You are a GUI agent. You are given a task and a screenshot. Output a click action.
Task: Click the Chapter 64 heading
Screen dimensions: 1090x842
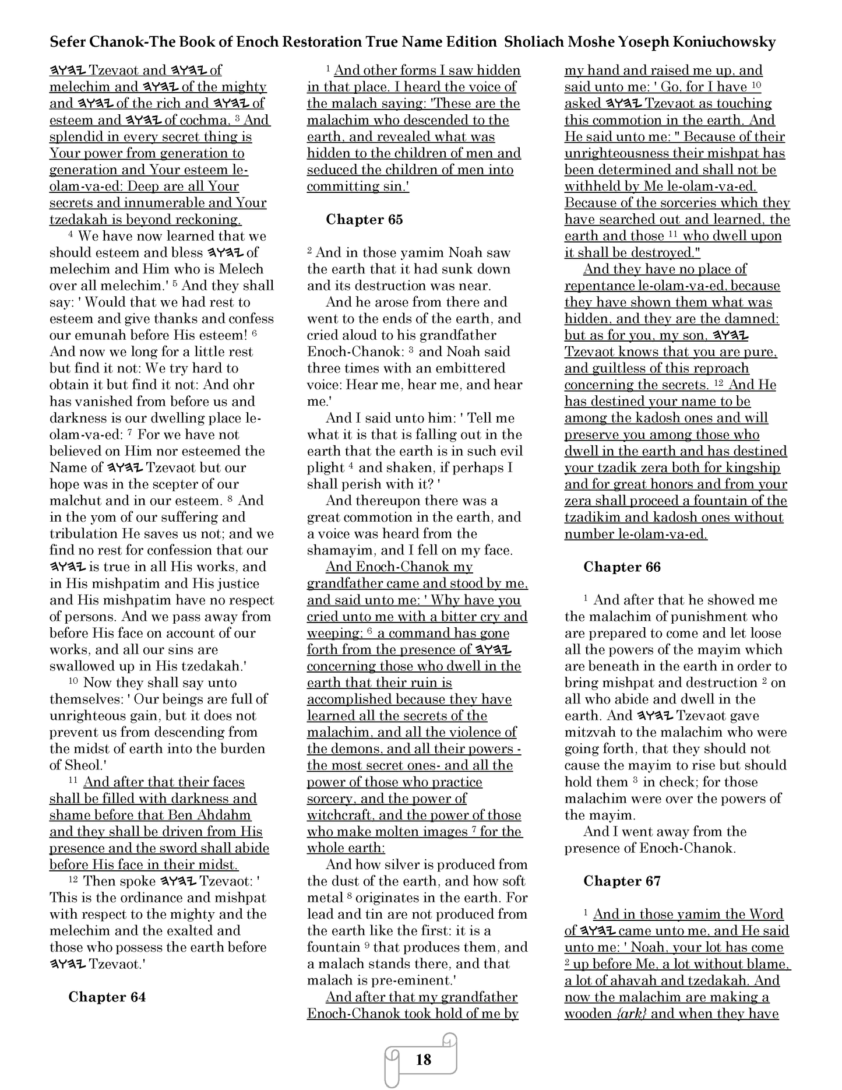point(107,997)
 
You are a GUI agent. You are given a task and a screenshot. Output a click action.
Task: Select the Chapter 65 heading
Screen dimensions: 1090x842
point(364,220)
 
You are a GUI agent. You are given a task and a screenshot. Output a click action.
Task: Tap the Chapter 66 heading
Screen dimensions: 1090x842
point(622,567)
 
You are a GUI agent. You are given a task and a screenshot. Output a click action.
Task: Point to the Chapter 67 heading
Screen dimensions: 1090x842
point(622,881)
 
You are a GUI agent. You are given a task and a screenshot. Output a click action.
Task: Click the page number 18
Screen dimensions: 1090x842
point(424,1059)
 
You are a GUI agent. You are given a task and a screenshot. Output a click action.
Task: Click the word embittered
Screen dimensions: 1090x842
point(461,368)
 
